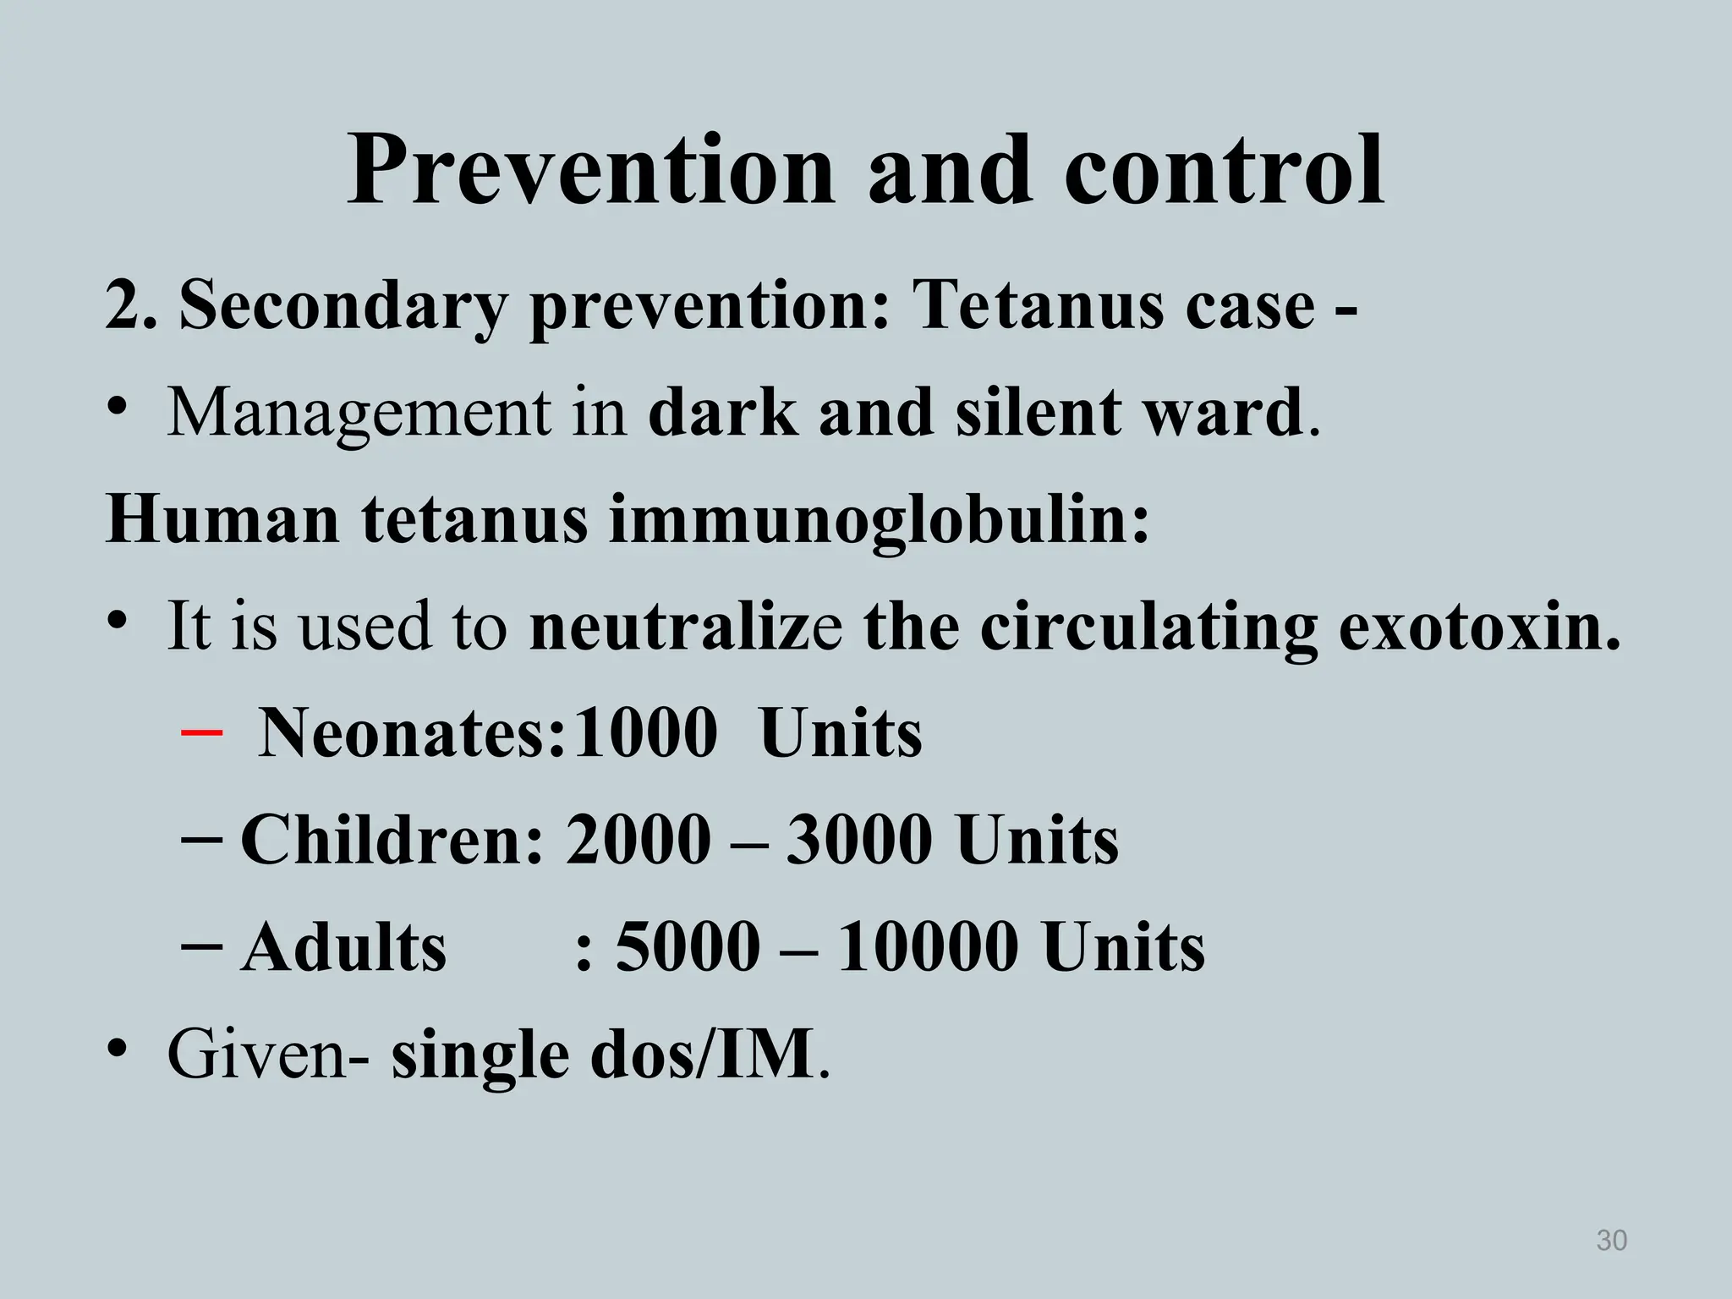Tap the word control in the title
[1224, 172]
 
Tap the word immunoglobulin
[880, 519]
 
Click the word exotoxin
[1480, 627]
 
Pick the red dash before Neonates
[202, 732]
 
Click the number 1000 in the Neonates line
[644, 732]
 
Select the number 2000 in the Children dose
[638, 840]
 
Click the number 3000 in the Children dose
[859, 840]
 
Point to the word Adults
[343, 947]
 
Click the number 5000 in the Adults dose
[688, 947]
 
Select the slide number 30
[1611, 1241]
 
